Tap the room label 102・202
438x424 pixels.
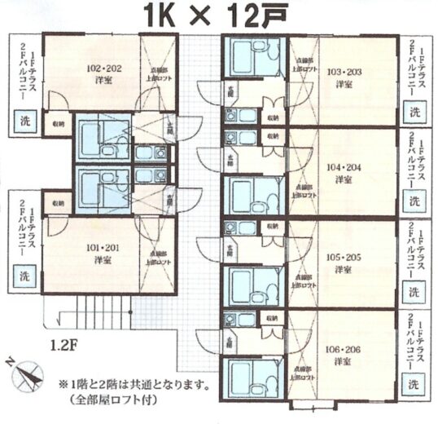104,68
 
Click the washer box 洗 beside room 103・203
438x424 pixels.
415,111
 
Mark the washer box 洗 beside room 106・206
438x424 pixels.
415,382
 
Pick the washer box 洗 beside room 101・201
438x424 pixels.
22,275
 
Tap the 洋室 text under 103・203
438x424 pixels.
343,84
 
